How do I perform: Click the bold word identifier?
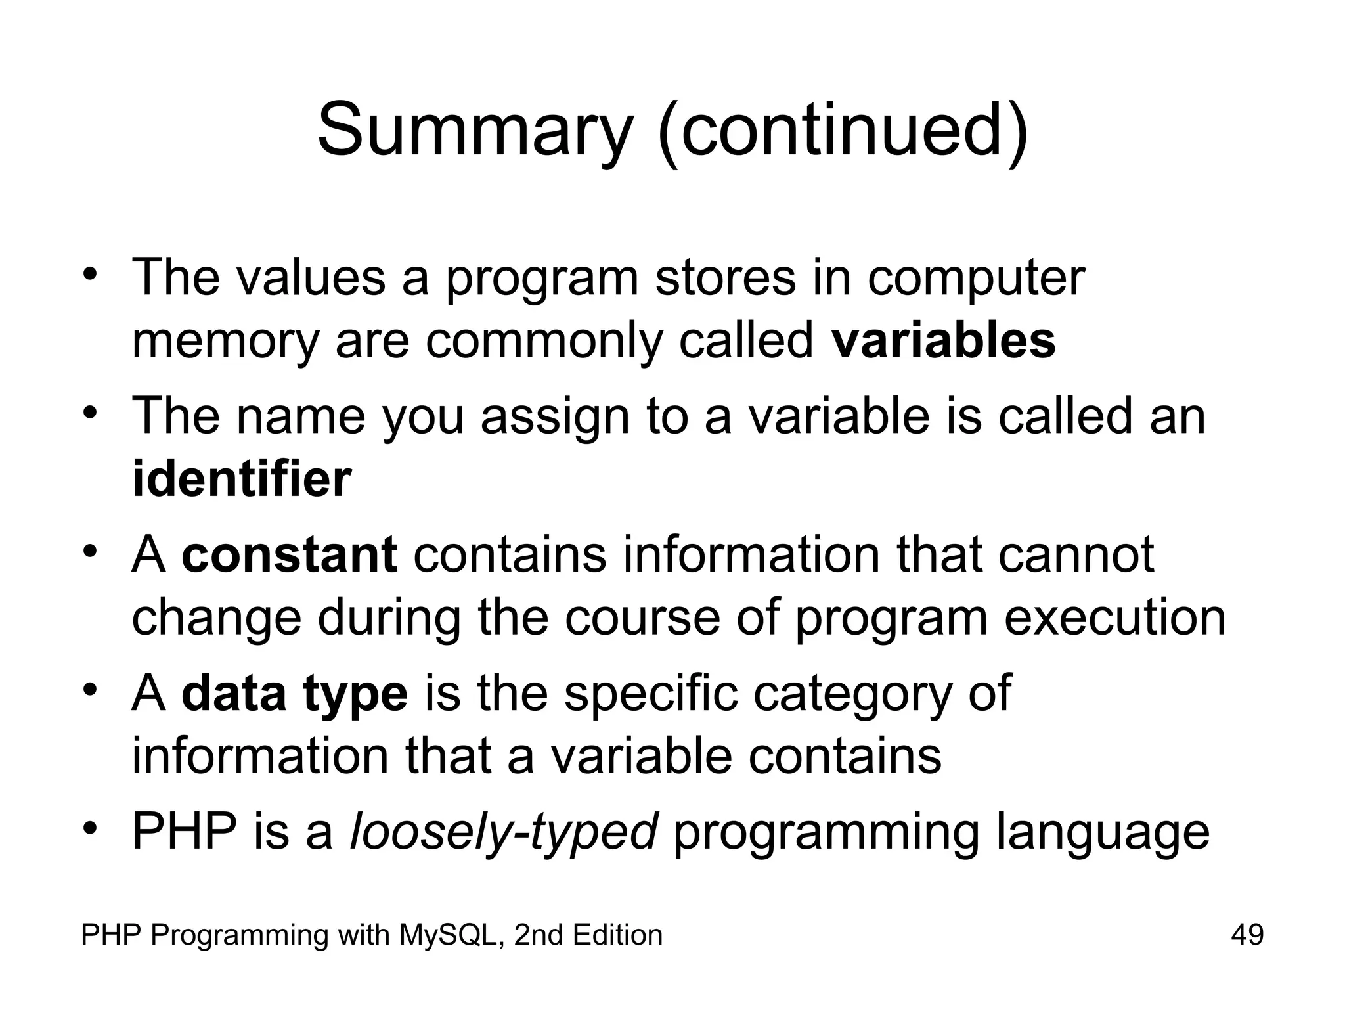[x=242, y=479]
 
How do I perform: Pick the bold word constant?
[x=290, y=554]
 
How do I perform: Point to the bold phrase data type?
[x=295, y=693]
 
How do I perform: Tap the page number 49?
[x=1247, y=935]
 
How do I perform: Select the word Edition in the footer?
[x=617, y=935]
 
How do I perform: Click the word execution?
[x=1115, y=619]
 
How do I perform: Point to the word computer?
[x=976, y=278]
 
